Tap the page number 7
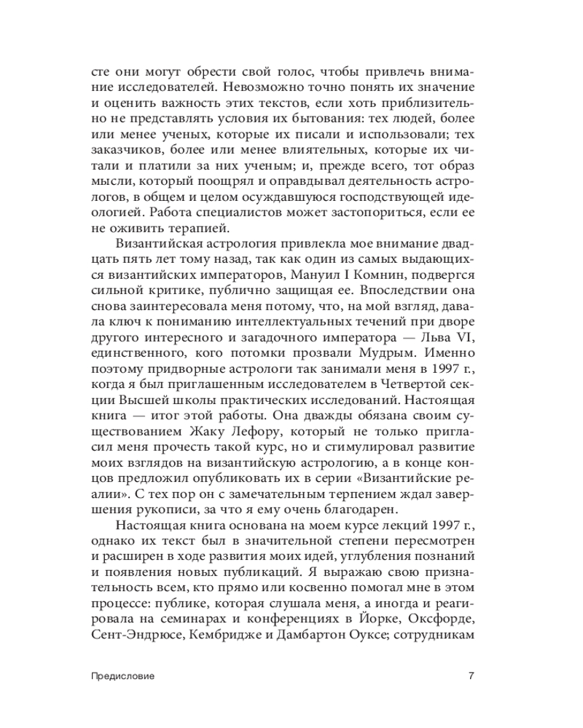click(x=472, y=675)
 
